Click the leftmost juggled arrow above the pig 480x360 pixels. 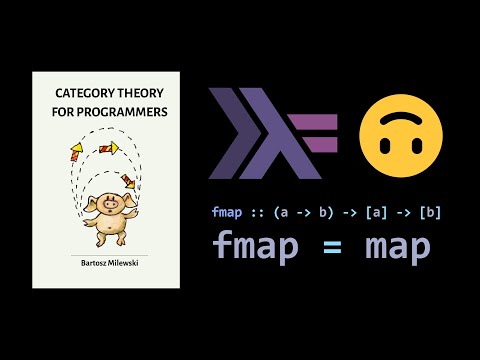[75, 152]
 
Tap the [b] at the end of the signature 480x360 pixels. [430, 211]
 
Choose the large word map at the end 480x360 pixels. [396, 247]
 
